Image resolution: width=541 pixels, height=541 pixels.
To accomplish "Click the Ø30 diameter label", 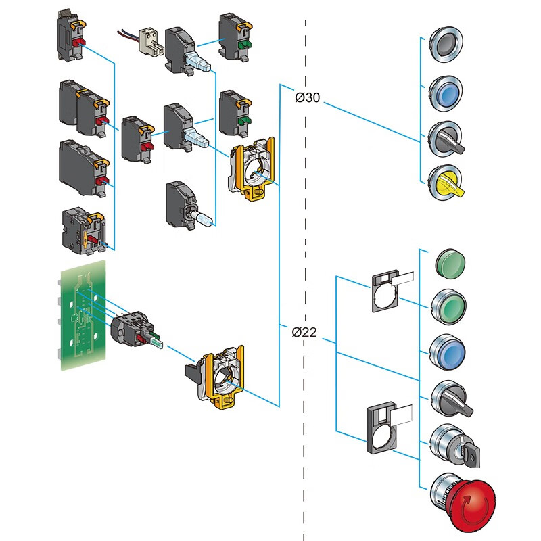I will [308, 98].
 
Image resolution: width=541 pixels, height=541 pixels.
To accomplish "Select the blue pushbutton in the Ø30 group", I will [446, 92].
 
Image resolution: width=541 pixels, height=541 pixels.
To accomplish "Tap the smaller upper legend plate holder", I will [389, 291].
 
